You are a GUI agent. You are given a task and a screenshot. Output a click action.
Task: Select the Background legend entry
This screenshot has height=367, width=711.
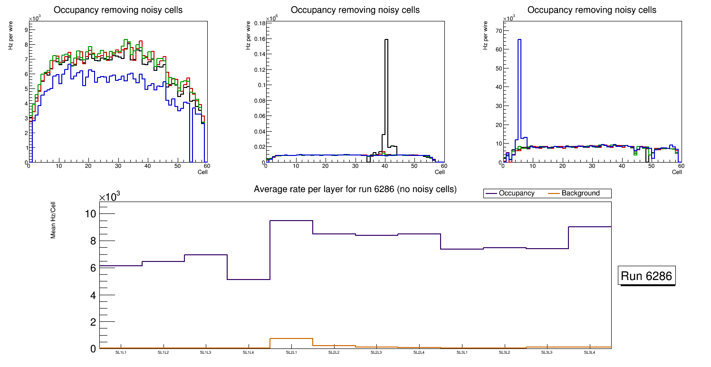tap(580, 193)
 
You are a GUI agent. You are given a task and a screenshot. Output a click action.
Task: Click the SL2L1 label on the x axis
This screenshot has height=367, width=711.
tap(291, 353)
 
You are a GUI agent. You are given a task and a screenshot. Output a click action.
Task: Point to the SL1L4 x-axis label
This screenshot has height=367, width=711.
tap(249, 353)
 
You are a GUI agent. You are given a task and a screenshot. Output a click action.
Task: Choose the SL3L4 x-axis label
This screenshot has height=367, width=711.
tap(590, 353)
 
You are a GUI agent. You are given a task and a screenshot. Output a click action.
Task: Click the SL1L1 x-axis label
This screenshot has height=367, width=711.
tap(121, 353)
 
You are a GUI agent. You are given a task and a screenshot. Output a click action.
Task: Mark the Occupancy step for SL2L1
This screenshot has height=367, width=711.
tap(291, 221)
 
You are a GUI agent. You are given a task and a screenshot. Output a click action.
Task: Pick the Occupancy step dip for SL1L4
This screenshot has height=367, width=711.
tap(249, 279)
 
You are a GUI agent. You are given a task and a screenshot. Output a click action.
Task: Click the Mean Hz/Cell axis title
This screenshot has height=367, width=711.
tap(53, 221)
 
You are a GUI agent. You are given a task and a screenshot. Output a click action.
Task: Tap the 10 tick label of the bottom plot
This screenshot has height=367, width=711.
tap(90, 213)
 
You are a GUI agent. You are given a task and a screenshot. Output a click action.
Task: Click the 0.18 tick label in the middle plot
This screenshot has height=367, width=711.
tap(259, 23)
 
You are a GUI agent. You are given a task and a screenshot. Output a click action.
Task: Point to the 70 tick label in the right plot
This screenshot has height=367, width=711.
tap(498, 30)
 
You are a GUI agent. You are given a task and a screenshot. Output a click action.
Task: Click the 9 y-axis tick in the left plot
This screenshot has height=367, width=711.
tap(26, 29)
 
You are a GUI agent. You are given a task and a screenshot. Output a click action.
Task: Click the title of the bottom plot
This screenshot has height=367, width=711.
tap(355, 189)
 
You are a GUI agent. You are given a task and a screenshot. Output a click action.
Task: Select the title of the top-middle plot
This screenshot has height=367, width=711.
tap(355, 10)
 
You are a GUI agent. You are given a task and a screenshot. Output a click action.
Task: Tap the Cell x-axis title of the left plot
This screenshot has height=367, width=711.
tap(202, 172)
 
